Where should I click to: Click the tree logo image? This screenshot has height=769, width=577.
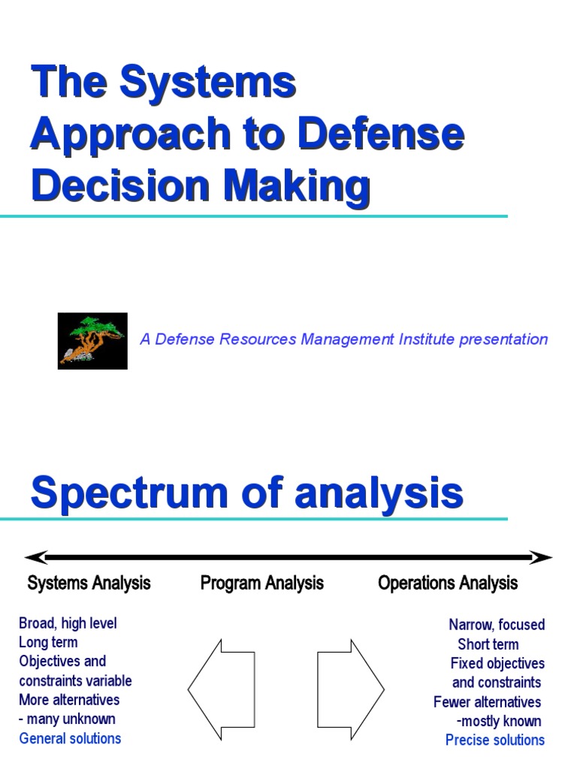pyautogui.click(x=92, y=340)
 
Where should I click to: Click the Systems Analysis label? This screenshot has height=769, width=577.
pyautogui.click(x=89, y=583)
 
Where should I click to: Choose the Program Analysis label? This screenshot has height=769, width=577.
pyautogui.click(x=262, y=583)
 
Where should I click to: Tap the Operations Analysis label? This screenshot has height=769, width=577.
pyautogui.click(x=448, y=583)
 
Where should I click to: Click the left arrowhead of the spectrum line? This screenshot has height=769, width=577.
pyautogui.click(x=35, y=557)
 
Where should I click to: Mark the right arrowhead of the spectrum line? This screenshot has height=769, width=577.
pyautogui.click(x=542, y=557)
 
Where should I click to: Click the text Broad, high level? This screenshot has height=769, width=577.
pyautogui.click(x=68, y=623)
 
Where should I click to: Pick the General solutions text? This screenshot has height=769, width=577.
pyautogui.click(x=70, y=738)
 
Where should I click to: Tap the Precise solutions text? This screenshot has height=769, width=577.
pyautogui.click(x=495, y=740)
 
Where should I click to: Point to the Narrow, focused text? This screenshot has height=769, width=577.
pyautogui.click(x=497, y=625)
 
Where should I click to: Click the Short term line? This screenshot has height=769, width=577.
pyautogui.click(x=488, y=644)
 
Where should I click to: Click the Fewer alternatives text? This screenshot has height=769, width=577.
pyautogui.click(x=487, y=702)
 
